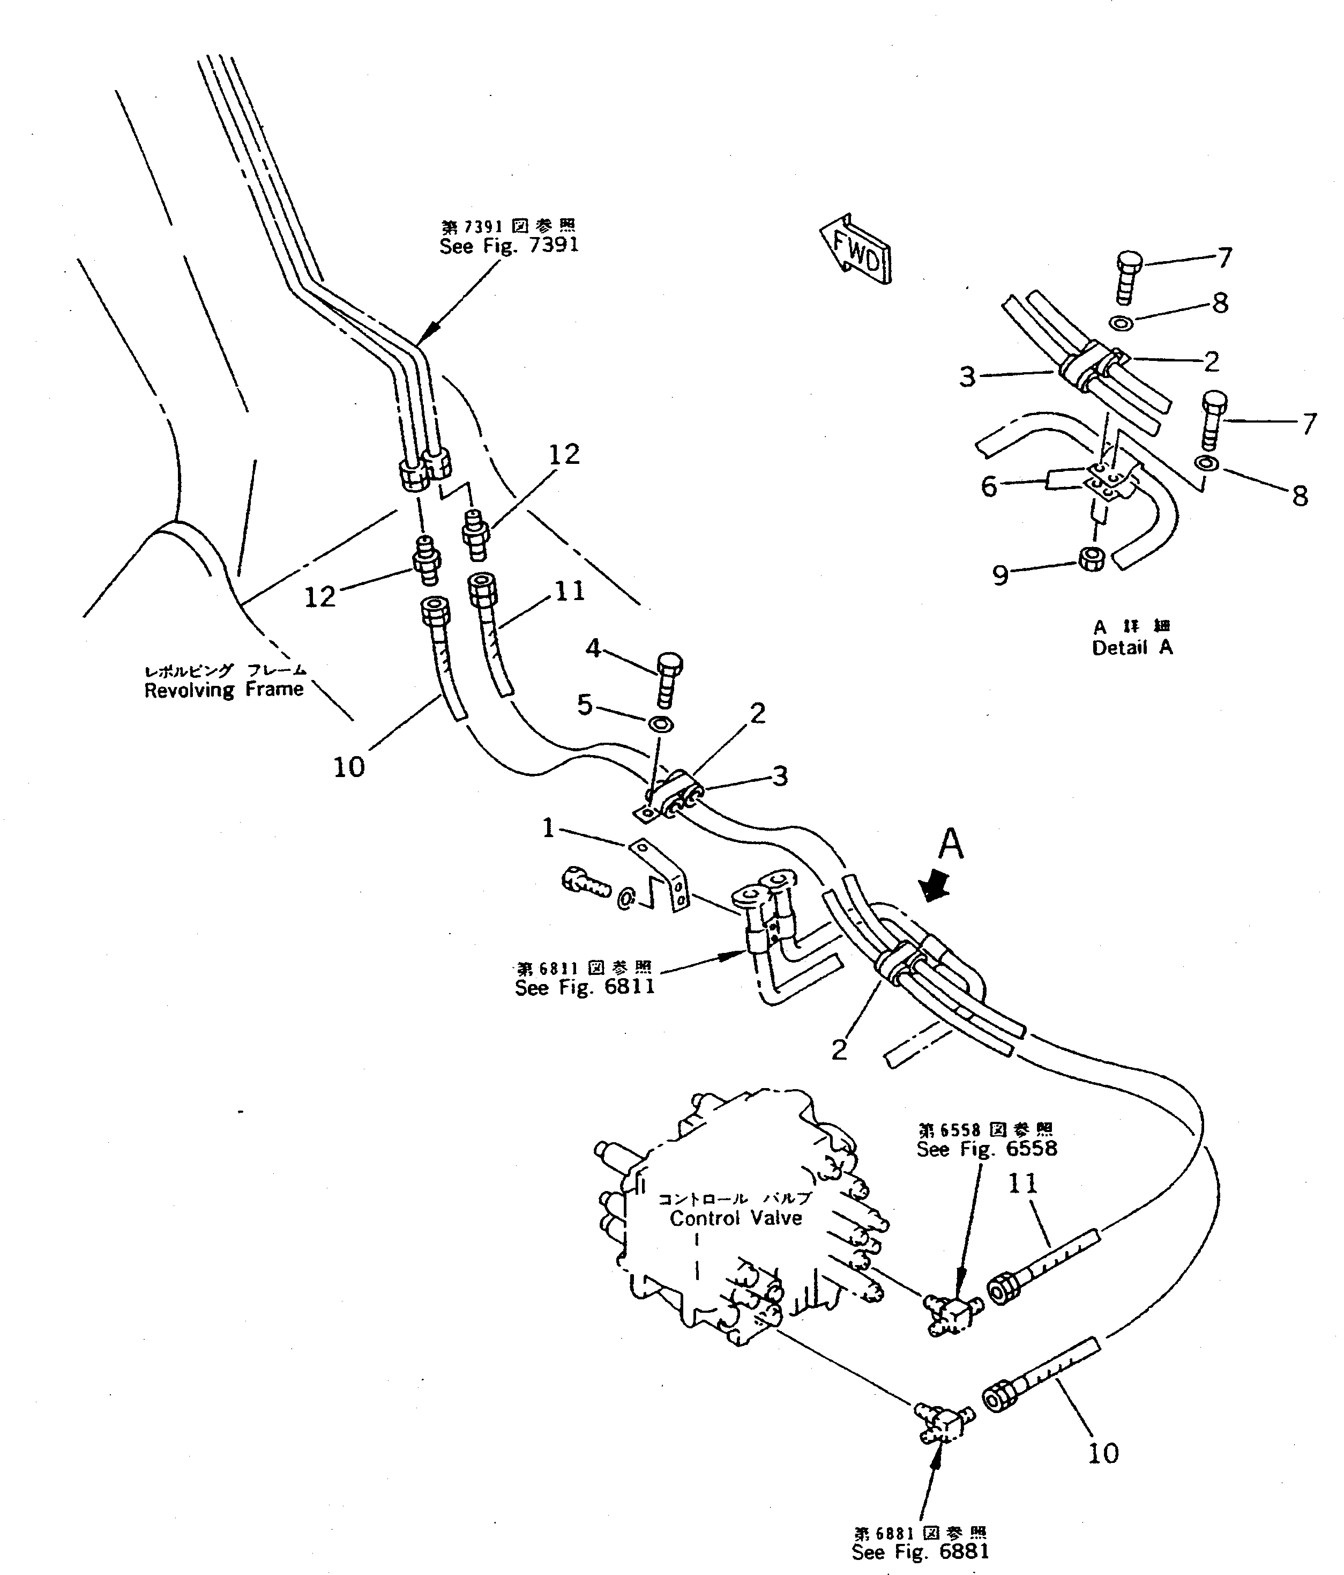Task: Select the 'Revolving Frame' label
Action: coord(223,690)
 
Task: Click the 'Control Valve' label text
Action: coord(735,1218)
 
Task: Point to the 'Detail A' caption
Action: coord(1131,648)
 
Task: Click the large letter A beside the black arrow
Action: coord(951,845)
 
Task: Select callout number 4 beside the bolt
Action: coord(593,648)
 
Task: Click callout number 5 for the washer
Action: coord(584,705)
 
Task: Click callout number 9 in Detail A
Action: coord(1000,575)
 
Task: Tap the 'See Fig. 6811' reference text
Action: coord(584,987)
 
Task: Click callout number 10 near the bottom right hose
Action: coord(1102,1453)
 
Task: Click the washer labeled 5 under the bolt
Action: coord(661,723)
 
